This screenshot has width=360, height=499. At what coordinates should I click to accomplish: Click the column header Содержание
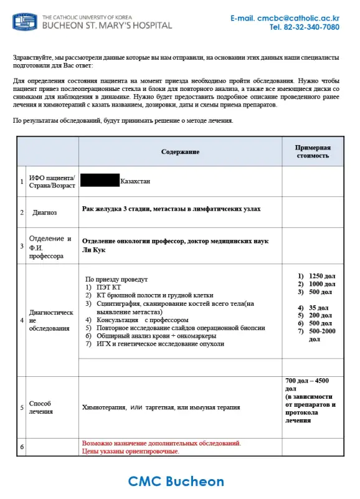pyautogui.click(x=180, y=152)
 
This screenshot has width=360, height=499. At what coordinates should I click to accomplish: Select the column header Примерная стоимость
pyautogui.click(x=312, y=151)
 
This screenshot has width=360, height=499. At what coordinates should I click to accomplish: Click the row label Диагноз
pyautogui.click(x=45, y=212)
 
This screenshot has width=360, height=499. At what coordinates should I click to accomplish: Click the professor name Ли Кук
pyautogui.click(x=92, y=250)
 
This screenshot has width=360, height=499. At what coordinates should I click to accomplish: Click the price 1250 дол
pyautogui.click(x=320, y=276)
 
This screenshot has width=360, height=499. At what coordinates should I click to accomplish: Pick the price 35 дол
pyautogui.click(x=317, y=308)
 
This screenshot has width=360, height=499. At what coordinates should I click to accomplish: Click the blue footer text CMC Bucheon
pyautogui.click(x=176, y=482)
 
